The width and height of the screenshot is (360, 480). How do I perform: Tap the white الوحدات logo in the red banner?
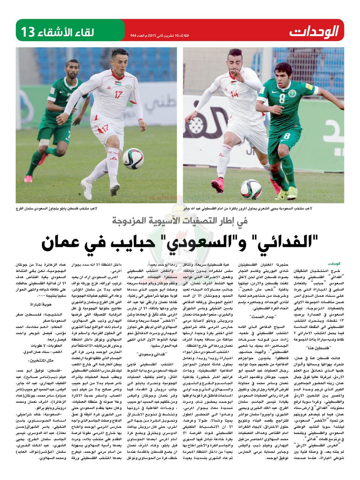pos(314,31)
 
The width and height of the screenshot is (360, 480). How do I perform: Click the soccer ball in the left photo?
pos(133,158)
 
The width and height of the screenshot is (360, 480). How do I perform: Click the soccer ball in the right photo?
pos(251,189)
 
